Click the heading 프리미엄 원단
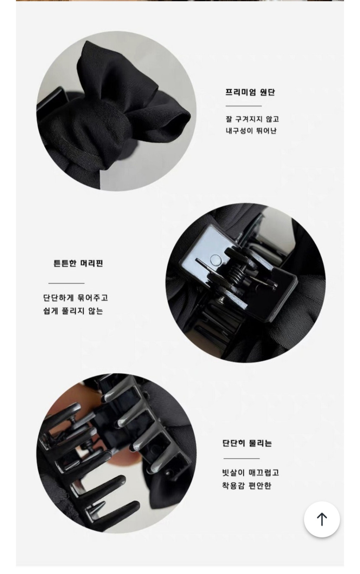[250, 92]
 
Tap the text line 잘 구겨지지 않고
[252, 119]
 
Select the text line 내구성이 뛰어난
[251, 131]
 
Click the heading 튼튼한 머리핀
[78, 263]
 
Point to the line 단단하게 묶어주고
[76, 298]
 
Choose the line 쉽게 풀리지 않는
[73, 311]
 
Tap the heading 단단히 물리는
[247, 443]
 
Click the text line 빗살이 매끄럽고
[250, 472]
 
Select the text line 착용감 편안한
[246, 486]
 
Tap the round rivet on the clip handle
[216, 260]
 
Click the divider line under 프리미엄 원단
[243, 106]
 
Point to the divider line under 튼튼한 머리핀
[66, 283]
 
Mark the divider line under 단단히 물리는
[242, 458]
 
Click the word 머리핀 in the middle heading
[91, 263]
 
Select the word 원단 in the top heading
[267, 92]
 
